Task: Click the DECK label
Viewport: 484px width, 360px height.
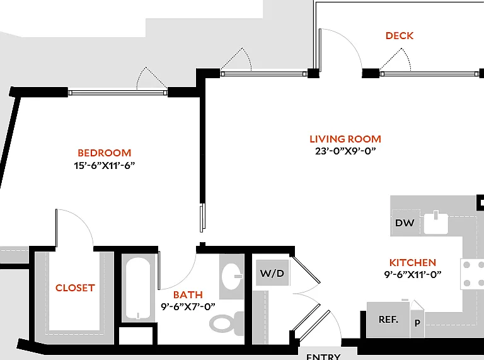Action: tap(400, 36)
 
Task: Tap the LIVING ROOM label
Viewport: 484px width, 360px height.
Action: tap(345, 139)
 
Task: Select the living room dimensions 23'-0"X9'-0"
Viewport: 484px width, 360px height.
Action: tap(345, 151)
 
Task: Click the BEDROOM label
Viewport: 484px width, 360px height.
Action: tap(105, 153)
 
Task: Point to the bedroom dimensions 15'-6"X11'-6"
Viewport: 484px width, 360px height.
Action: tap(105, 165)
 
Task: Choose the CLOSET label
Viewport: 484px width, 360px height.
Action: tap(75, 287)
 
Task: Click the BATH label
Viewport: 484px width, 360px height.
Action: tap(188, 294)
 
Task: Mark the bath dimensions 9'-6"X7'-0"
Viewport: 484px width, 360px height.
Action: tap(188, 306)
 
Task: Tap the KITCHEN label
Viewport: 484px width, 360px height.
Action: tap(413, 262)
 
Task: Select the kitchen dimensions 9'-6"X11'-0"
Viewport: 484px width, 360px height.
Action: tap(413, 274)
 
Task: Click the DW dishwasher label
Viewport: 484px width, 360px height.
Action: tap(405, 223)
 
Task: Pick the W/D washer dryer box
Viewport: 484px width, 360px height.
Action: tap(272, 273)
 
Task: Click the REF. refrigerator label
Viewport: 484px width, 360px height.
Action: tap(389, 319)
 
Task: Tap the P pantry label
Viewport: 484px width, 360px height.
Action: tap(417, 323)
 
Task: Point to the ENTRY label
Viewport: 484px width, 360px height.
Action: tap(323, 356)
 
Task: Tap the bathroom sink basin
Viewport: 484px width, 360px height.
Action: tap(232, 276)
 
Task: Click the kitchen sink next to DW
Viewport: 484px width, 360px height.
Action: tap(436, 223)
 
